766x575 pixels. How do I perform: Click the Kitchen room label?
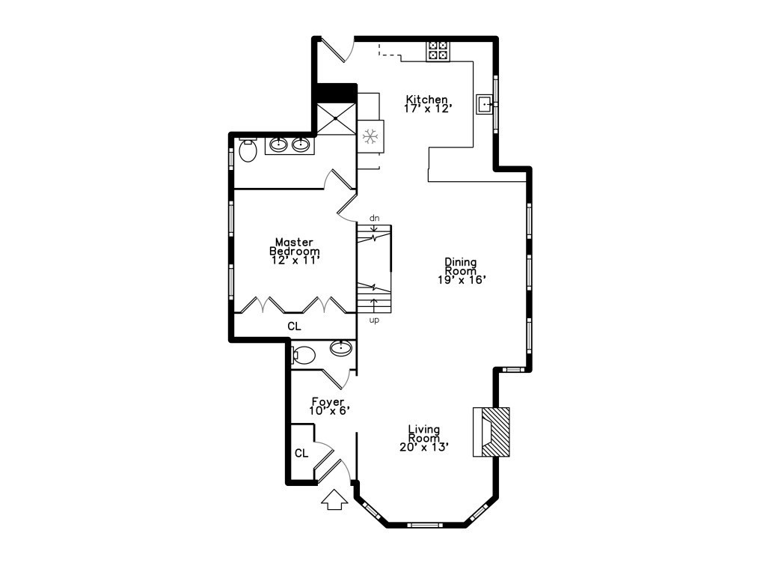tap(426, 100)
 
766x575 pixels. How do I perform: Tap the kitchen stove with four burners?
tap(438, 50)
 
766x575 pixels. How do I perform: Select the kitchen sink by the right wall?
tap(484, 103)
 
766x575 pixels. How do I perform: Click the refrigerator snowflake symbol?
tap(369, 136)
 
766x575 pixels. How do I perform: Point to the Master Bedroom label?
tap(295, 246)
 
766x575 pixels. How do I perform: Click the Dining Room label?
tap(460, 266)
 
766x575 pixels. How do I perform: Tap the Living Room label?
tap(423, 433)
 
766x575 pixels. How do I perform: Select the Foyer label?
tap(328, 402)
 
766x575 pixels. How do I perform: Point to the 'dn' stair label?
tap(375, 218)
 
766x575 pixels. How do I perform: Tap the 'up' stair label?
tap(375, 320)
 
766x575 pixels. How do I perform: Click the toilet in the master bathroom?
tap(248, 150)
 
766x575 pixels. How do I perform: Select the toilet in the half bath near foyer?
tap(303, 354)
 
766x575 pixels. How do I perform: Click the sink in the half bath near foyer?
tap(341, 347)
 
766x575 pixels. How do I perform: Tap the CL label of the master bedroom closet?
tap(295, 326)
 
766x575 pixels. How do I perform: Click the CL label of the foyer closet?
tap(301, 453)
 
